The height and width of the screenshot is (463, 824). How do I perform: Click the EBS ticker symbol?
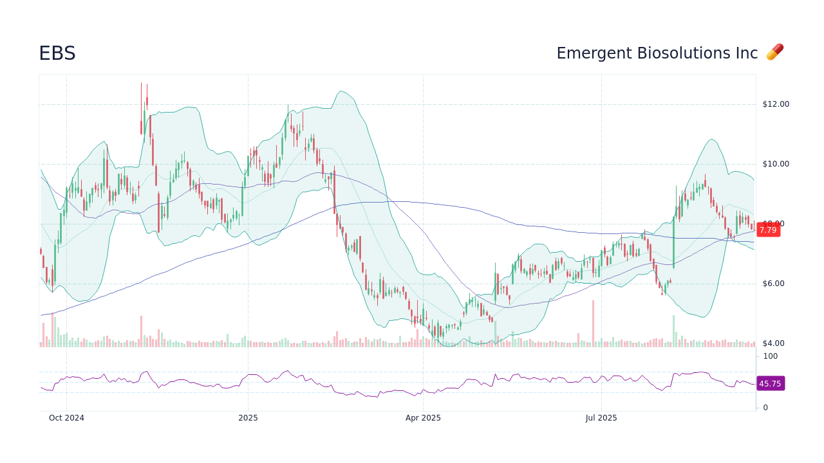(x=57, y=53)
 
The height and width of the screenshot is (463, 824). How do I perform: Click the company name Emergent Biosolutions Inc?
(x=657, y=53)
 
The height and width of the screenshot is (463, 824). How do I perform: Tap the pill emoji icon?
(x=774, y=53)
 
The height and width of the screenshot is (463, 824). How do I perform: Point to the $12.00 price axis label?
(x=775, y=104)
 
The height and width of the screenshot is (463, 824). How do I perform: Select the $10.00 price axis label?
(x=775, y=164)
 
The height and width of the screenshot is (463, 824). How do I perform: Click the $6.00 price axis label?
(x=775, y=284)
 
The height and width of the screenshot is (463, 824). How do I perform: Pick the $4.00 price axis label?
(x=775, y=343)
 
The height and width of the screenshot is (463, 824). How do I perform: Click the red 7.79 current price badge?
(x=767, y=230)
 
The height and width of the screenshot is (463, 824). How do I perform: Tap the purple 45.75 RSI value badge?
(x=770, y=384)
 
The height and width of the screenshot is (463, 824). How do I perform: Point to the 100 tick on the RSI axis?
(x=770, y=356)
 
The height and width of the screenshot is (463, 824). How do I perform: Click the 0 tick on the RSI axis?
(x=765, y=408)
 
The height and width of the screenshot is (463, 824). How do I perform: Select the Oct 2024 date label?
(x=66, y=418)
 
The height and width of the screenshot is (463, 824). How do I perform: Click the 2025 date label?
(x=248, y=418)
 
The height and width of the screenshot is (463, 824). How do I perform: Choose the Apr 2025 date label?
(x=423, y=418)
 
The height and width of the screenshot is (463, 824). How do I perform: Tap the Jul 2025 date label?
(x=601, y=418)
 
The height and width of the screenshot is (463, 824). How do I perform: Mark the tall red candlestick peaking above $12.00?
(x=141, y=109)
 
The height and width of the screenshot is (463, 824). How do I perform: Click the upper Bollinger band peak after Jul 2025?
(x=711, y=140)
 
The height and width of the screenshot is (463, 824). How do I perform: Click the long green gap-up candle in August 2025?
(x=673, y=241)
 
